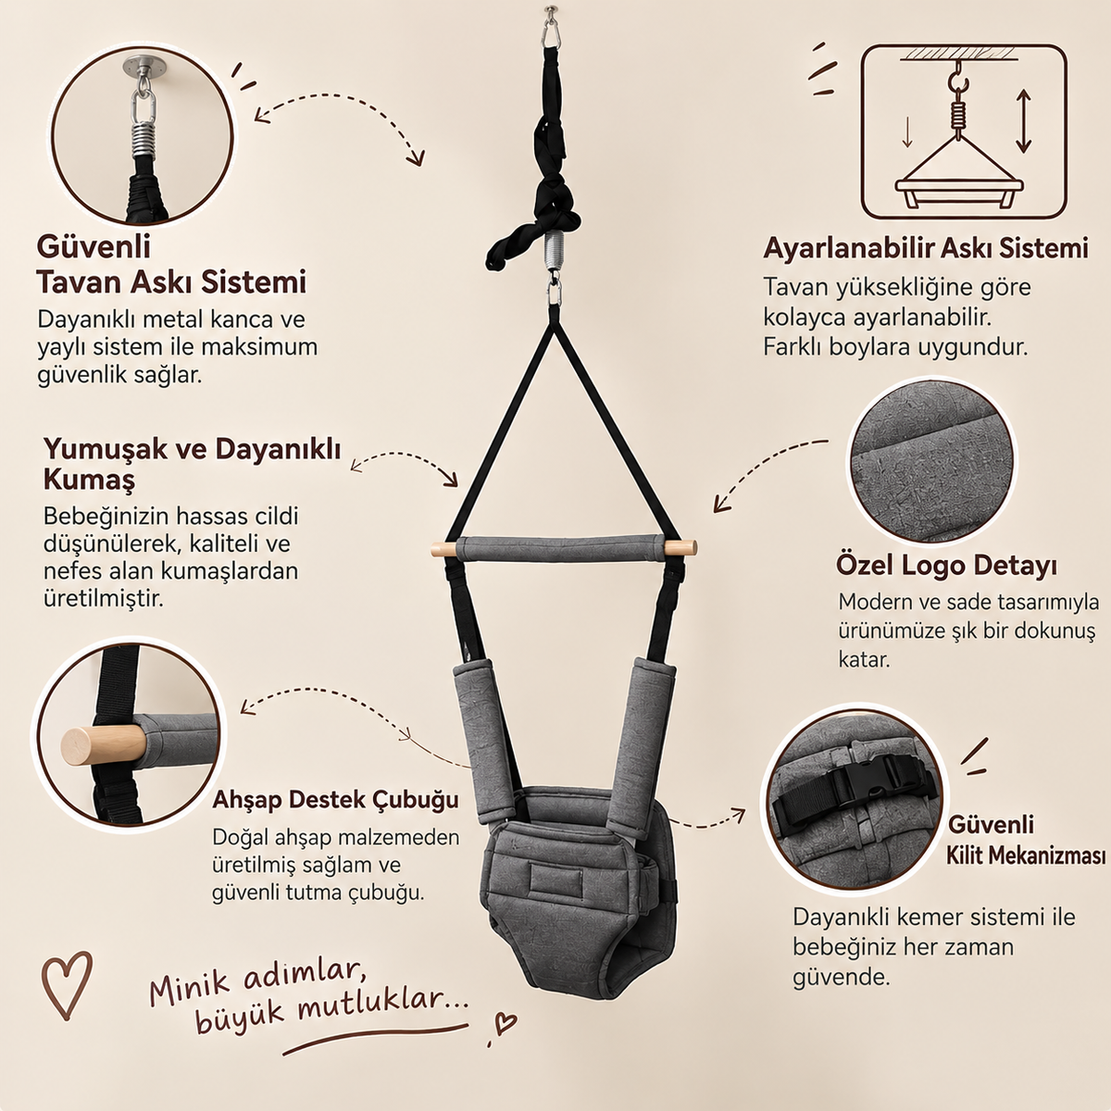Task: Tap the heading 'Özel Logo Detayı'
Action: pyautogui.click(x=947, y=567)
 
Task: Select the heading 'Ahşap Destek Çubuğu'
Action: pyautogui.click(x=335, y=800)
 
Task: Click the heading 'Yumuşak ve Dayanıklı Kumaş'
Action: pyautogui.click(x=192, y=464)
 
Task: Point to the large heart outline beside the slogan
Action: pyautogui.click(x=67, y=986)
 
